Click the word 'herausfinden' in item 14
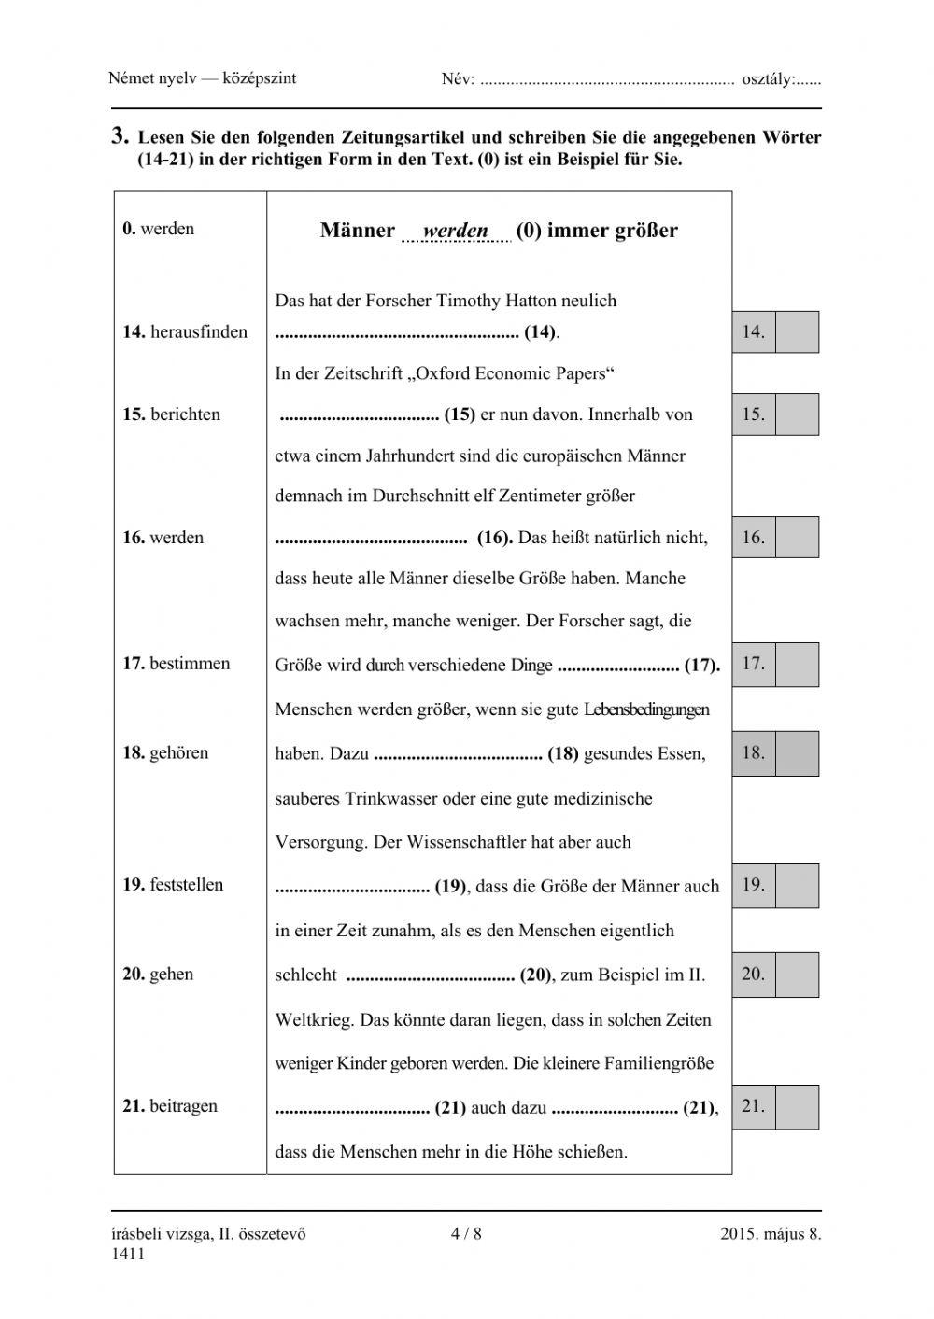pyautogui.click(x=198, y=331)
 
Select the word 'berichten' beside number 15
pyautogui.click(x=185, y=414)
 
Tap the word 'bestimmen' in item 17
pyautogui.click(x=190, y=664)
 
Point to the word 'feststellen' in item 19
pyautogui.click(x=186, y=885)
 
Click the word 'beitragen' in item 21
pyautogui.click(x=183, y=1106)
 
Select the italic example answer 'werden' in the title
pyautogui.click(x=456, y=231)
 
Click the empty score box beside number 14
pyautogui.click(x=797, y=332)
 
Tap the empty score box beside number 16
pyautogui.click(x=797, y=538)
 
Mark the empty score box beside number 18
pyautogui.click(x=797, y=753)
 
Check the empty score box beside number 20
pyautogui.click(x=797, y=975)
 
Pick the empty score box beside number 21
pyautogui.click(x=797, y=1107)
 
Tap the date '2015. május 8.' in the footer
pyautogui.click(x=771, y=1234)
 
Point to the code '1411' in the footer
pyautogui.click(x=127, y=1254)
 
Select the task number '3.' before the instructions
pyautogui.click(x=120, y=136)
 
